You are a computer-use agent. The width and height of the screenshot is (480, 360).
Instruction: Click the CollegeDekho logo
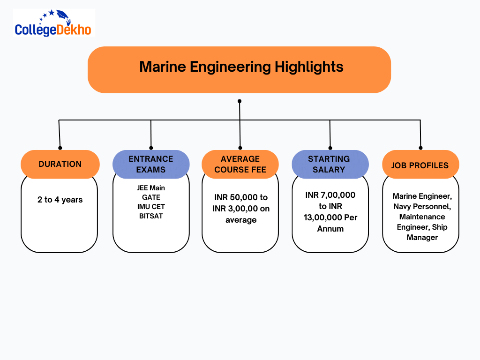[x=53, y=23]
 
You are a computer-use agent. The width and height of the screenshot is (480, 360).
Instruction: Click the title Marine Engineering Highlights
[x=241, y=67]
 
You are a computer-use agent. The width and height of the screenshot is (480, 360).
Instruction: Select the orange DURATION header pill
[x=60, y=165]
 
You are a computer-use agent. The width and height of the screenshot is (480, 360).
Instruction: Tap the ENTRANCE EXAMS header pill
[x=151, y=165]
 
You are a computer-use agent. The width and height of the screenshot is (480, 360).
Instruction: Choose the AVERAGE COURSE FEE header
[x=240, y=165]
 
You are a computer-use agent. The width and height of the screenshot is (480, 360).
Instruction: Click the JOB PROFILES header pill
[x=420, y=165]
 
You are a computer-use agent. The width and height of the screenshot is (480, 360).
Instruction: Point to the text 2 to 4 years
[x=60, y=200]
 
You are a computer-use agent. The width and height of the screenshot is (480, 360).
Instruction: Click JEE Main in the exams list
[x=151, y=188]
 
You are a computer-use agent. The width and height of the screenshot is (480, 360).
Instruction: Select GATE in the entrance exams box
[x=151, y=197]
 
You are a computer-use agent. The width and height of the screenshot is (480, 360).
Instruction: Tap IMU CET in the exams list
[x=151, y=207]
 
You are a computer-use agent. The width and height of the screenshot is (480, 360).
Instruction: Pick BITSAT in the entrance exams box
[x=151, y=216]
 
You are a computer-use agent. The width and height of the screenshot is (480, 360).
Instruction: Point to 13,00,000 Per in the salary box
[x=330, y=217]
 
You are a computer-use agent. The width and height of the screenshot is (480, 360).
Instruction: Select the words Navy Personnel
[x=422, y=206]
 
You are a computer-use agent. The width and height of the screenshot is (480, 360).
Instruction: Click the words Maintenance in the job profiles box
[x=422, y=217]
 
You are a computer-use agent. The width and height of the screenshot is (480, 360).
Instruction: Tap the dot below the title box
[x=240, y=101]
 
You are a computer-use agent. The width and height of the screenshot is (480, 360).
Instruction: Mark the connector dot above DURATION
[x=60, y=148]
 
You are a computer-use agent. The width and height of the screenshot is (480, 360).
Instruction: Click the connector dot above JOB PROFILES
[x=420, y=148]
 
